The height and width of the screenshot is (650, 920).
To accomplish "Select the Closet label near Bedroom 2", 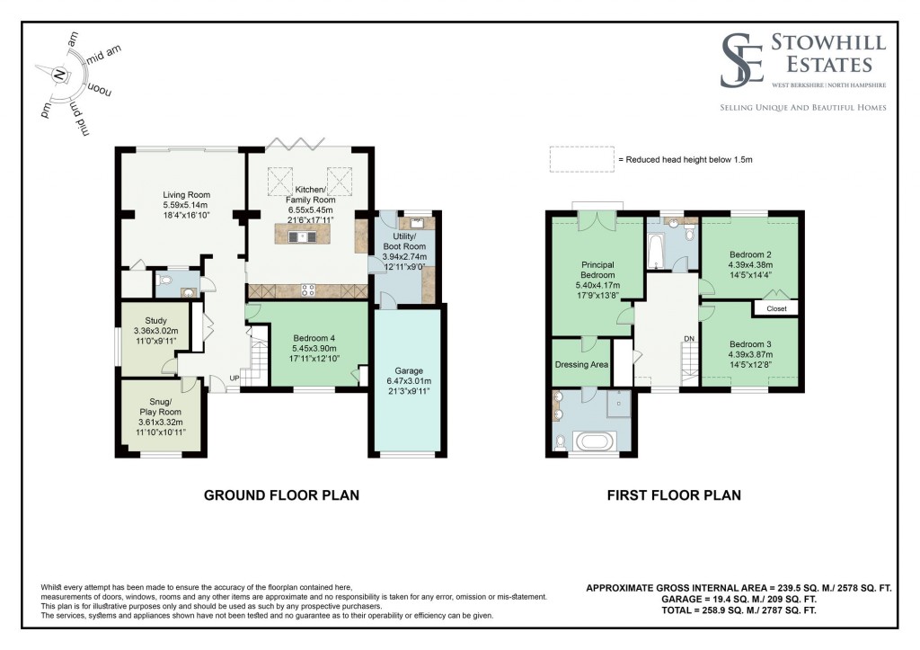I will pyautogui.click(x=777, y=308).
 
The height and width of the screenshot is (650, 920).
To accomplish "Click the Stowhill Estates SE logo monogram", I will pyautogui.click(x=744, y=61).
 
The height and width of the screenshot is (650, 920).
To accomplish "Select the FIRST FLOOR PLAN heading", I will pyautogui.click(x=674, y=494).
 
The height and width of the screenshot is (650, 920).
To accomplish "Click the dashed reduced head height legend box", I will pyautogui.click(x=581, y=159).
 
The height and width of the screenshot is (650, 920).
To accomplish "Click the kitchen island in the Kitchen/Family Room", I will pyautogui.click(x=305, y=237).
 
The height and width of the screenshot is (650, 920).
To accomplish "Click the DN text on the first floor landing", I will pyautogui.click(x=689, y=338).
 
